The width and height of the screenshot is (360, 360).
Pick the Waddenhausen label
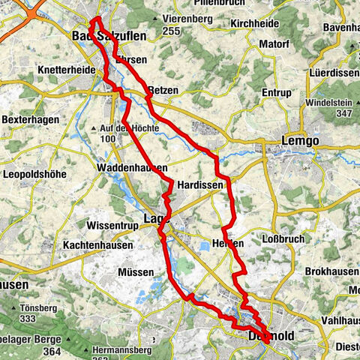pos(131,169)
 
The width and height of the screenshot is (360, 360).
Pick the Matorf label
pos(274,44)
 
